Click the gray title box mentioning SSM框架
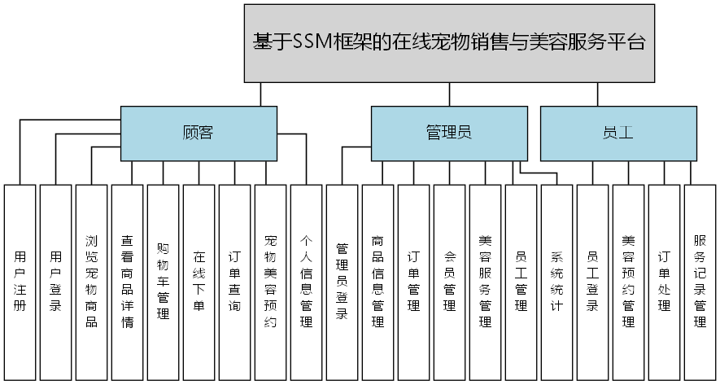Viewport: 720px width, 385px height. (449, 43)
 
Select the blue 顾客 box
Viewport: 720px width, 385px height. (199, 133)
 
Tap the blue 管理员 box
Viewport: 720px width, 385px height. (449, 133)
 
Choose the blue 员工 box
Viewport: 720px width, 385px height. (618, 133)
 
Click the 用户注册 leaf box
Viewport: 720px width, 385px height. (20, 282)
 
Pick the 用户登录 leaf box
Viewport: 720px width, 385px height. (55, 282)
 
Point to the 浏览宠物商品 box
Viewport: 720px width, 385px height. (91, 282)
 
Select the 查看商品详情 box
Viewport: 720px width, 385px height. (127, 282)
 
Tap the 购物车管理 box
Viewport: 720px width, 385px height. (163, 282)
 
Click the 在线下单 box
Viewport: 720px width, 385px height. (199, 282)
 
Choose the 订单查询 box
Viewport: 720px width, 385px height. (234, 282)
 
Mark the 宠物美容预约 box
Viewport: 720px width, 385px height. (270, 282)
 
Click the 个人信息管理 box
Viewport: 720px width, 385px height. (306, 282)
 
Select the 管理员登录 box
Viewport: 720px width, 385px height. (342, 282)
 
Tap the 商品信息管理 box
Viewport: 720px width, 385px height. (377, 282)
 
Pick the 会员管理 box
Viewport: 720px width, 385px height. (449, 282)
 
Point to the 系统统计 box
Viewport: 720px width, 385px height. (556, 282)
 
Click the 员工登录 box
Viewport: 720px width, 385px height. (592, 282)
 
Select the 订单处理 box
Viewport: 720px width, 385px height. (664, 282)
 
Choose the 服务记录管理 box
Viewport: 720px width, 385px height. (700, 282)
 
